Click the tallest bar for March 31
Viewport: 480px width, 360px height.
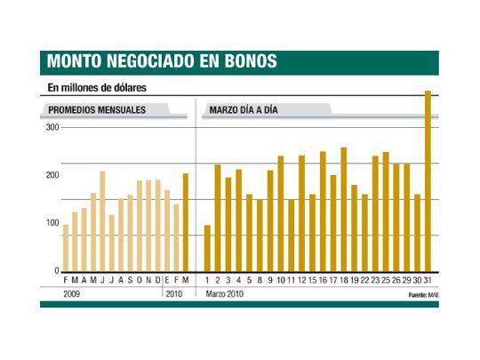tap(428, 182)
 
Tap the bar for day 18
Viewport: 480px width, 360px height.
tap(344, 210)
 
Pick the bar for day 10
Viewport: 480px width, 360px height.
tap(281, 214)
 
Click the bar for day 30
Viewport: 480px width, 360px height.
tap(417, 233)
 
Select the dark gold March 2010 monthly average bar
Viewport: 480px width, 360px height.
tap(186, 222)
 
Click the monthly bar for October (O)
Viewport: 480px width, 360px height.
tap(139, 227)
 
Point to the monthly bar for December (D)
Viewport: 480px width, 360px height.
tap(157, 227)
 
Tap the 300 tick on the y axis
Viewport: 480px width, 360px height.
tap(52, 128)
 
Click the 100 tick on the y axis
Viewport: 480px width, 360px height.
tap(52, 222)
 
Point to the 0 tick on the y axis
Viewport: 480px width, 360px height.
tap(56, 270)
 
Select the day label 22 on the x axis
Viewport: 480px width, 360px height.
tap(364, 280)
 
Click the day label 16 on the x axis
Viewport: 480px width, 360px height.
tap(323, 280)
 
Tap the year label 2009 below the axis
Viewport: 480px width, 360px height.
tap(72, 293)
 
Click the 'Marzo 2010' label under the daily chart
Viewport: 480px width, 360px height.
tap(225, 293)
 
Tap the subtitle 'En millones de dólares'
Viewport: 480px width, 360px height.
tap(97, 87)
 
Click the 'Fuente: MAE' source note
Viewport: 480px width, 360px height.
tap(423, 294)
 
